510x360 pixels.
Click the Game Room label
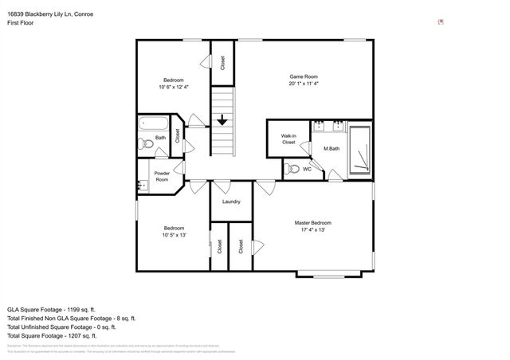coord(304,76)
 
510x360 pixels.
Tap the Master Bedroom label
coord(312,222)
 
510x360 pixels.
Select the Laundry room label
coord(231,202)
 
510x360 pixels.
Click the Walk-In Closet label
coord(288,139)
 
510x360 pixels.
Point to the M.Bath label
coord(332,149)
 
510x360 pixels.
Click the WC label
coord(307,169)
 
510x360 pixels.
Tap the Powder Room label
coord(162,176)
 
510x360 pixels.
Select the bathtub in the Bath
coord(153,124)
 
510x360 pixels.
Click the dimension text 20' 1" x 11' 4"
coord(304,84)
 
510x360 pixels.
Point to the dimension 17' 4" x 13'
coord(312,229)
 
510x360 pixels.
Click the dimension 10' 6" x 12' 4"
coord(174,87)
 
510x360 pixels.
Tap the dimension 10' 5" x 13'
coord(174,235)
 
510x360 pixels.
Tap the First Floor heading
coord(22,23)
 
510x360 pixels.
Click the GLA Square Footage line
coord(52,308)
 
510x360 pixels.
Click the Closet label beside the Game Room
coord(222,62)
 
